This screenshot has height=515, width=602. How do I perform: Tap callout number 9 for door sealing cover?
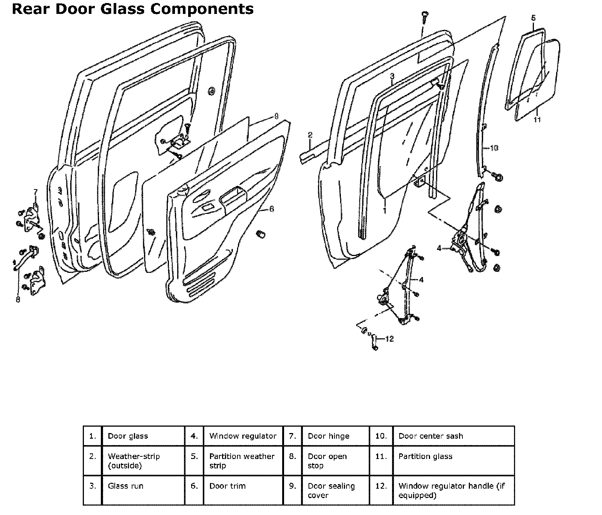276,116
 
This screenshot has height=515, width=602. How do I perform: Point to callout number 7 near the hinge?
36,192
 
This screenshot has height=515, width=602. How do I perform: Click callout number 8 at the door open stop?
18,300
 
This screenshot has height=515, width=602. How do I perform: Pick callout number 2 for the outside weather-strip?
310,135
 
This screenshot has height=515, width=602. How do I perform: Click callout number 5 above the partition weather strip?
534,18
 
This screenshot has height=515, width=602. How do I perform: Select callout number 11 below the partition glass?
537,119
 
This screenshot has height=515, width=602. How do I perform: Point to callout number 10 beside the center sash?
494,148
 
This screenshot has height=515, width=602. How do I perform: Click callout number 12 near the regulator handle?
389,339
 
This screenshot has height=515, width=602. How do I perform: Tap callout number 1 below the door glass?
385,211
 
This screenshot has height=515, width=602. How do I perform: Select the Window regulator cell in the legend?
243,436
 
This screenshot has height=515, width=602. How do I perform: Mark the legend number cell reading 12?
381,486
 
